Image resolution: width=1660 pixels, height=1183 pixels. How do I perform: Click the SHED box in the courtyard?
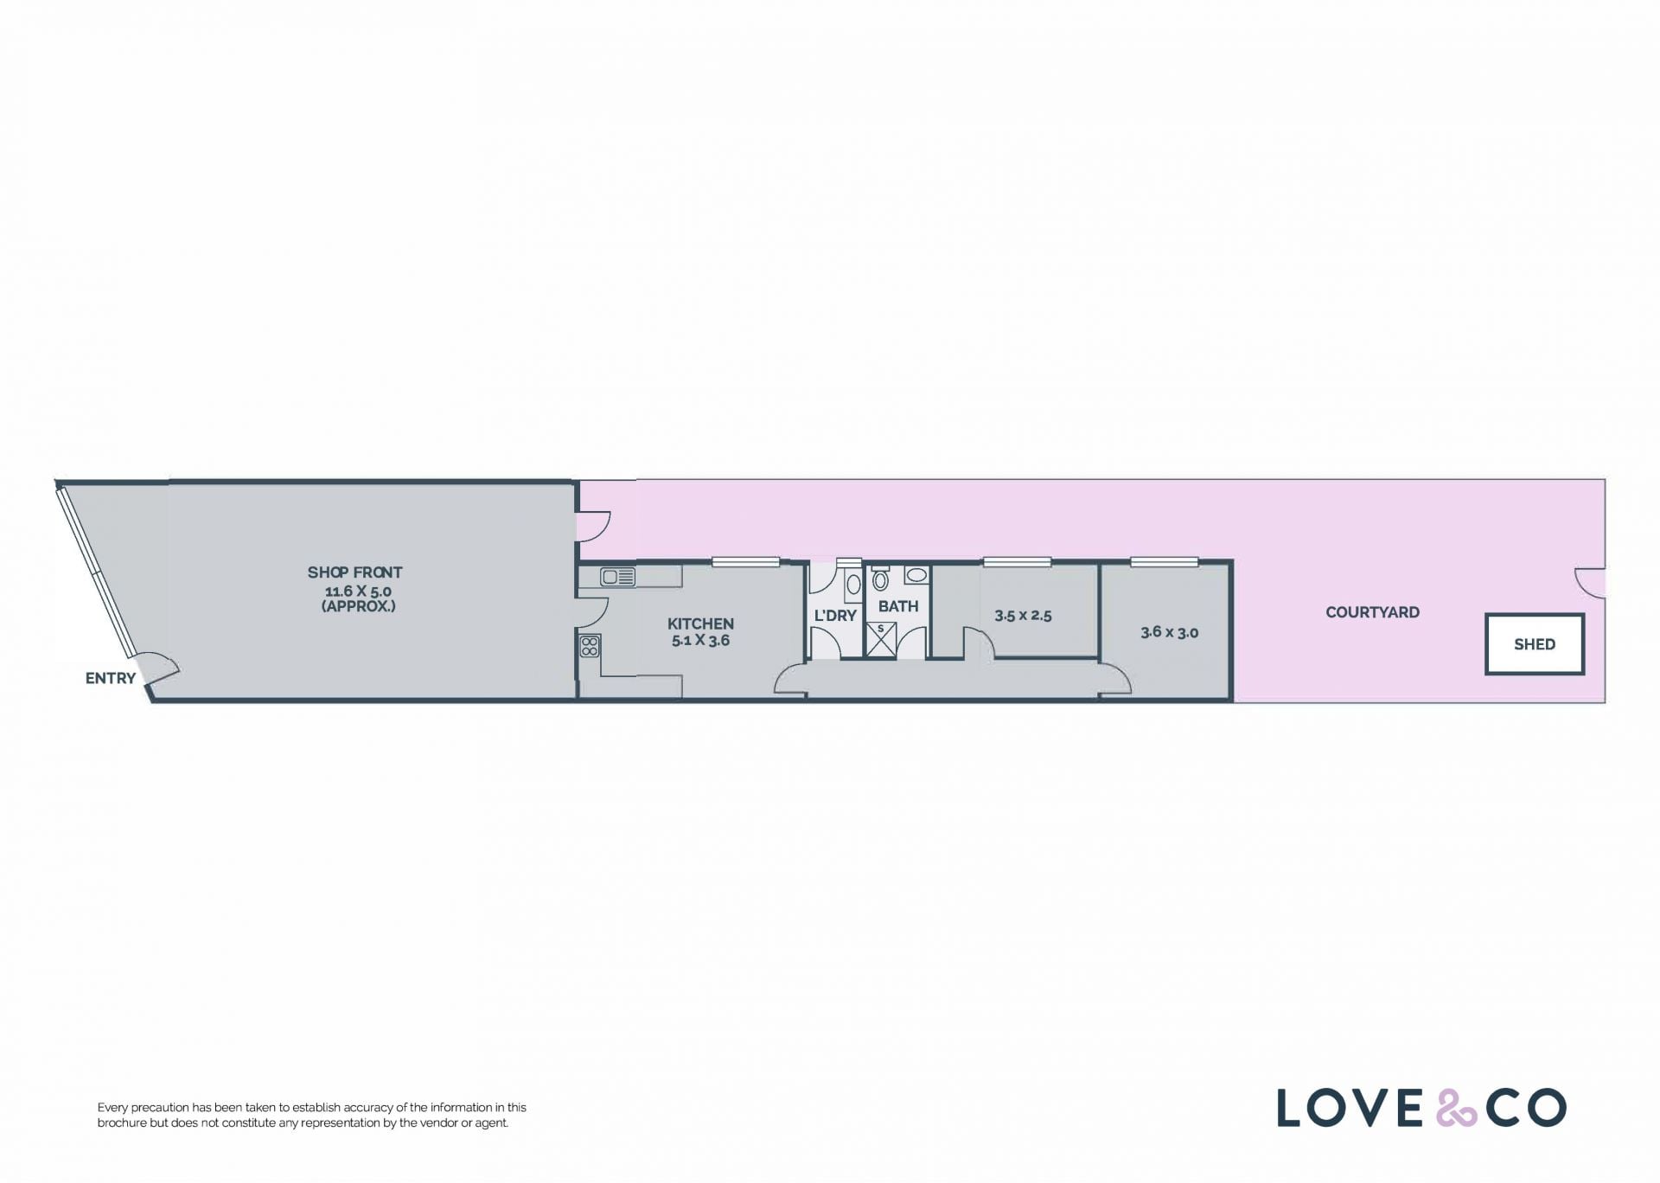(x=1535, y=644)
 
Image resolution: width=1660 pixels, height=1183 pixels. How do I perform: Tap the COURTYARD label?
(x=1372, y=612)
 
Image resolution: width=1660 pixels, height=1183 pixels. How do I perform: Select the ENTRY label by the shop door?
(x=110, y=678)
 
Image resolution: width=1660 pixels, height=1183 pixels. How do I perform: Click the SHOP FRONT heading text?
(x=354, y=572)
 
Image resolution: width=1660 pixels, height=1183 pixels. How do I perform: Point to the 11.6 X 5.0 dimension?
(x=358, y=591)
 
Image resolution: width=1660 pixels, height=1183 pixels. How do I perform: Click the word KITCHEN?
(x=700, y=623)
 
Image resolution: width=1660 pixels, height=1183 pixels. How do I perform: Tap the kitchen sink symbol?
(x=618, y=577)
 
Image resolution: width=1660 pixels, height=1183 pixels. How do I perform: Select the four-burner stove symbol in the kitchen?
(x=590, y=646)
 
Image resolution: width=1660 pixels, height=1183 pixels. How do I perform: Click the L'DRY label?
(x=835, y=616)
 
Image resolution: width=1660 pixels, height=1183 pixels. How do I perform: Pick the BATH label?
(x=898, y=606)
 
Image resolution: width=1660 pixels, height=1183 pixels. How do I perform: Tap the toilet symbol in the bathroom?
(x=880, y=579)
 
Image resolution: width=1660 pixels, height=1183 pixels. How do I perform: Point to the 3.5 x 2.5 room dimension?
(x=1023, y=616)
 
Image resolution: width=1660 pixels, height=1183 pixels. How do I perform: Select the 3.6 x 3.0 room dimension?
(x=1169, y=632)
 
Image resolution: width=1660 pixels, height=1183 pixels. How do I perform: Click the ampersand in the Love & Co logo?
(x=1457, y=1108)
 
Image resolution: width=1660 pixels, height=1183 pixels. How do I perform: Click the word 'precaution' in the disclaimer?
(x=158, y=1108)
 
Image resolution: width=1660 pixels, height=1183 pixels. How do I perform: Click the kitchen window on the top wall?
(x=745, y=562)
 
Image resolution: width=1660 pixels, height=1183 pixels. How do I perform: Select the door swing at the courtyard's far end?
(x=1590, y=583)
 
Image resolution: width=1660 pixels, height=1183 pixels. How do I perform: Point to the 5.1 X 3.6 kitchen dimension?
(x=700, y=641)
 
